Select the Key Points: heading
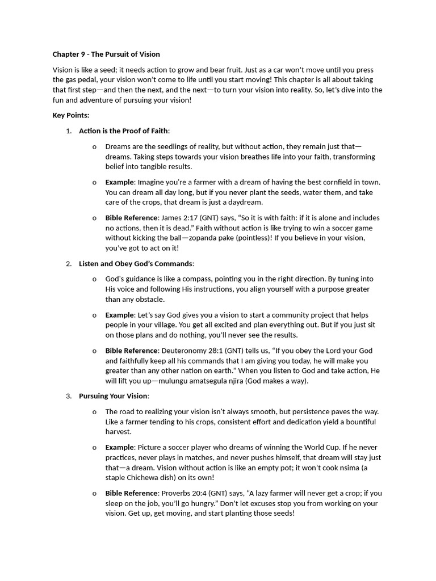click(71, 115)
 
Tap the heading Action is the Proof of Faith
click(123, 131)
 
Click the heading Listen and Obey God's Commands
click(136, 264)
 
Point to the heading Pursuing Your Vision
click(113, 396)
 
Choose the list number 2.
click(68, 264)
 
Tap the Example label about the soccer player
click(119, 447)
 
